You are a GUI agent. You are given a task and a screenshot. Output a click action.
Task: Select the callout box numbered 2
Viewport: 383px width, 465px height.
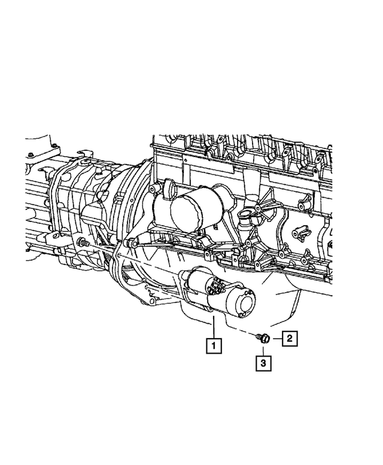tap(288, 339)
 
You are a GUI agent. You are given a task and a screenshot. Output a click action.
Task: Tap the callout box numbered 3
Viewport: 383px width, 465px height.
tap(263, 362)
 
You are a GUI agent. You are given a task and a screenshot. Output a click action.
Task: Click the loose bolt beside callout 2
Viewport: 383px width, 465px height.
tap(263, 339)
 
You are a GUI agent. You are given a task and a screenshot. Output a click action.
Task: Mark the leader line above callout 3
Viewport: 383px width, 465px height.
tap(263, 349)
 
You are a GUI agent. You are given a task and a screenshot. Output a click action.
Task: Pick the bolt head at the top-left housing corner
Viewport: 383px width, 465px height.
tap(53, 145)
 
